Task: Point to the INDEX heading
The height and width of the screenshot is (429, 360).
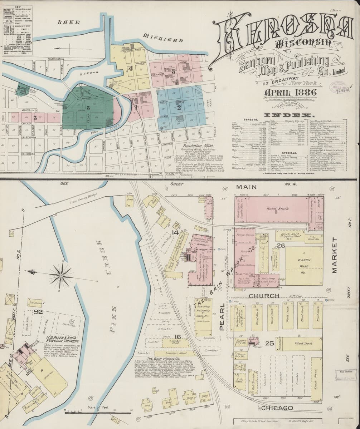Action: pos(289,115)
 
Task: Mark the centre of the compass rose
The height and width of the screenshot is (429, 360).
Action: pos(61,275)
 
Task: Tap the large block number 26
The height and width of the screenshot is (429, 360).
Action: pos(281,245)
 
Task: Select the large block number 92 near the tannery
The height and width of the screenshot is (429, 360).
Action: pos(38,312)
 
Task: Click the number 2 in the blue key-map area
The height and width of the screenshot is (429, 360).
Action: pos(179,106)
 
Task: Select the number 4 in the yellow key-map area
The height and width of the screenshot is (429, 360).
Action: pos(131,69)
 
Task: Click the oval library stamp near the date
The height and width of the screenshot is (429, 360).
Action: pos(340,88)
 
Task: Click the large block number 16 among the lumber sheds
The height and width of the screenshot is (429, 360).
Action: pos(177,336)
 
